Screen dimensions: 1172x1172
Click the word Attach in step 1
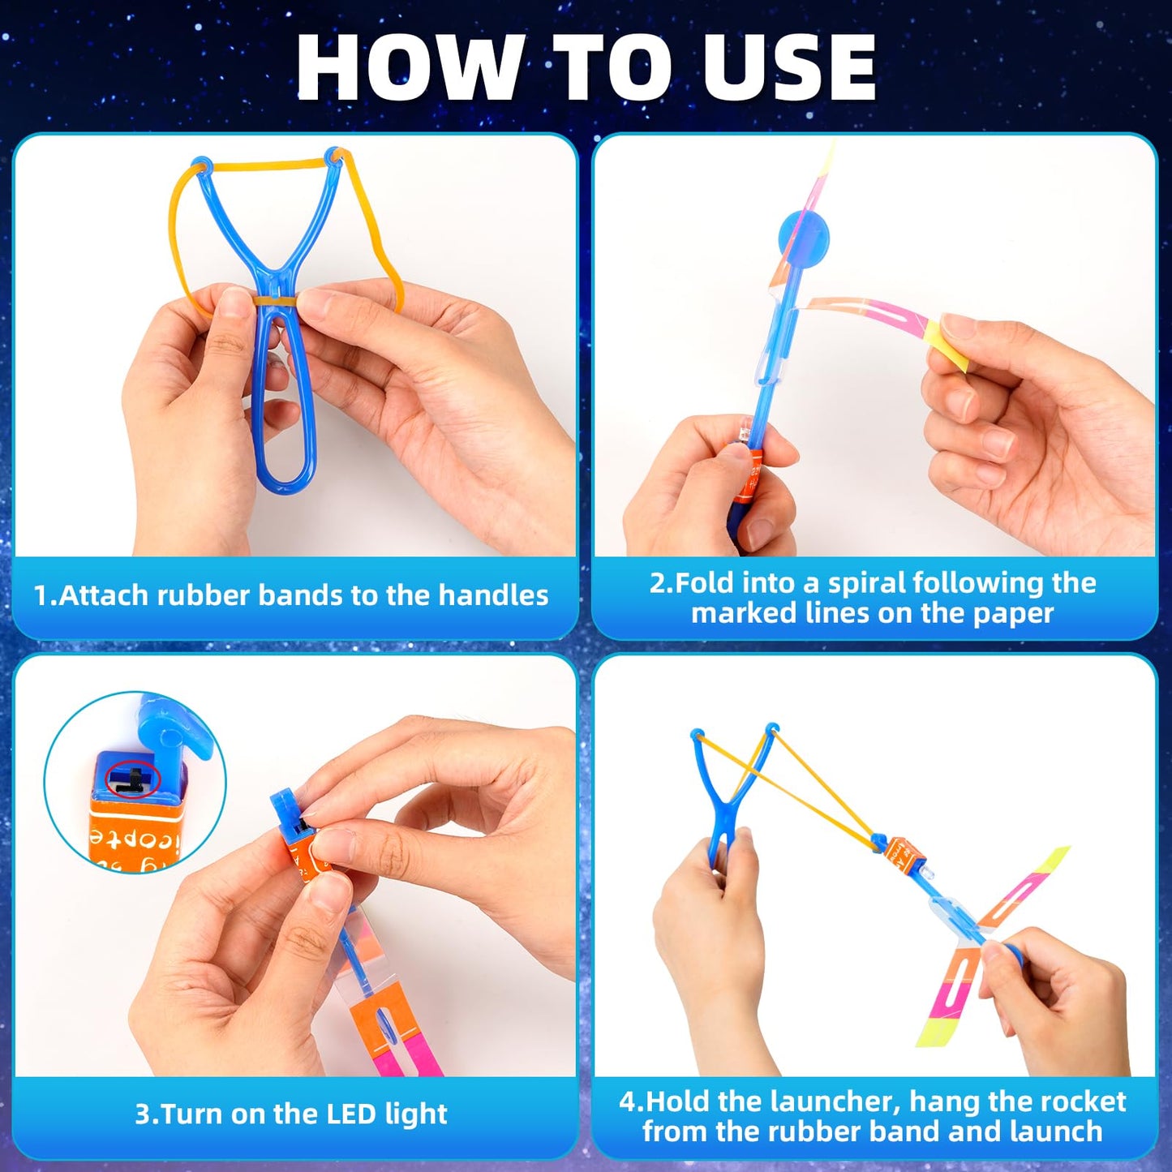[103, 595]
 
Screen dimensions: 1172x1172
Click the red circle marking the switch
[131, 779]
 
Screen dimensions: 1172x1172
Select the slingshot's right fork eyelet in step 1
[333, 157]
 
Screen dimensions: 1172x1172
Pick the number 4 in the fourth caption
[629, 1101]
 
